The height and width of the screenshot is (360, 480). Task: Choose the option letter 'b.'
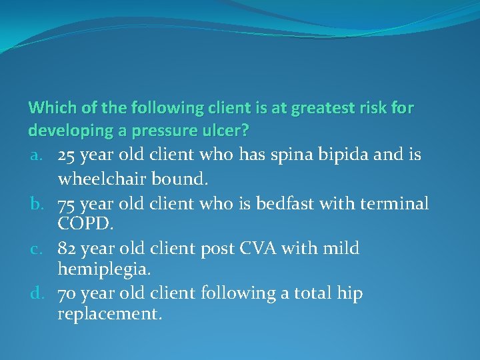coord(37,203)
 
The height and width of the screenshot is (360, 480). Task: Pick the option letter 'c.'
coord(37,249)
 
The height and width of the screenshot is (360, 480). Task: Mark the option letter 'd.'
coord(37,294)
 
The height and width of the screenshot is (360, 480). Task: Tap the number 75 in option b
coord(67,203)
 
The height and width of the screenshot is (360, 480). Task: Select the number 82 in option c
coord(67,249)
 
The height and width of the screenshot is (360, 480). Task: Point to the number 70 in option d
coord(67,294)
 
